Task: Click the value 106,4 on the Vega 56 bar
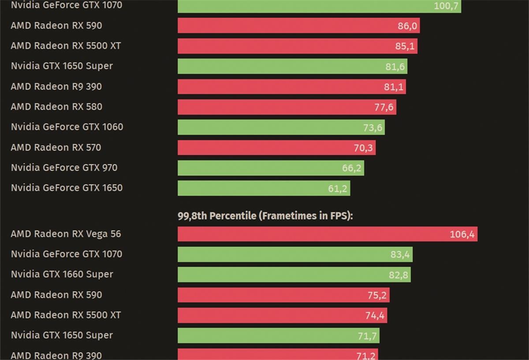[462, 234]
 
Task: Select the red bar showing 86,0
[298, 26]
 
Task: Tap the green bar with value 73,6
[281, 127]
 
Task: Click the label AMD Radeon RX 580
[56, 107]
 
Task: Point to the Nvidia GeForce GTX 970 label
[64, 167]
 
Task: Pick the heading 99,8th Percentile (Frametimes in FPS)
[265, 216]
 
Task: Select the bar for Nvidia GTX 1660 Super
[294, 275]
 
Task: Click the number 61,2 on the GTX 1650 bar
[338, 189]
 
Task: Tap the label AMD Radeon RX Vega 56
[66, 234]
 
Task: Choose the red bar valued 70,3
[276, 148]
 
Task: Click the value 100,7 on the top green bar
[446, 6]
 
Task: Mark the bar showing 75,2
[283, 295]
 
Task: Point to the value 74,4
[374, 315]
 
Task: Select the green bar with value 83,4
[295, 254]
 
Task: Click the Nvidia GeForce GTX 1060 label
[67, 127]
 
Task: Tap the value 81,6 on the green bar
[395, 67]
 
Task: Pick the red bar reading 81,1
[291, 87]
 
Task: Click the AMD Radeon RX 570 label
[56, 147]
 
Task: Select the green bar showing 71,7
[278, 336]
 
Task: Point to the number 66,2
[351, 168]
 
